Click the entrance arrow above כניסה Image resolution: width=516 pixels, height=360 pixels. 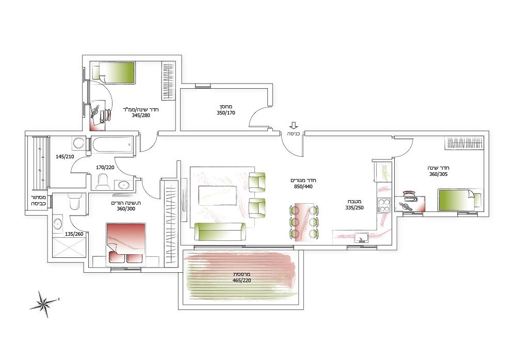coord(294,125)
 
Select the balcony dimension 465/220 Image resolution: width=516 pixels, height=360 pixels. coord(241,281)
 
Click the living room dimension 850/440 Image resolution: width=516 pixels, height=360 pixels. coord(303,187)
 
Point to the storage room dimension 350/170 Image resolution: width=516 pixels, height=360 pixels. coord(226,113)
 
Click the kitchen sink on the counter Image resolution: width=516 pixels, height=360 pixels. coord(361,238)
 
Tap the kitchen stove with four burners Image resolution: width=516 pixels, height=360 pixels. coord(384,205)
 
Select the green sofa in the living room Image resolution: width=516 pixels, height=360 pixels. coord(220,232)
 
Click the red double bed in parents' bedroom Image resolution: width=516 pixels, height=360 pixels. coord(126,244)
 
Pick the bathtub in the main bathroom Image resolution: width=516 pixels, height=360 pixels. coord(112,145)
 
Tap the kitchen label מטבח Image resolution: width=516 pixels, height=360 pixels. coord(355,201)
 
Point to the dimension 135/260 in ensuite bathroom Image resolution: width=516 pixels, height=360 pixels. coord(74,234)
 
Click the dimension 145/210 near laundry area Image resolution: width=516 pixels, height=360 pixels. coord(65,157)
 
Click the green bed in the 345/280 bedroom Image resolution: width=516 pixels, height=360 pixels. coord(114,73)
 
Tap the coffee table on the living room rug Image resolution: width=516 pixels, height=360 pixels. coord(218,195)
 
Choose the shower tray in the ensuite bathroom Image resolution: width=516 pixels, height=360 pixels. coord(69,248)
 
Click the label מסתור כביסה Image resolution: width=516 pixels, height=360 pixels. coord(38,201)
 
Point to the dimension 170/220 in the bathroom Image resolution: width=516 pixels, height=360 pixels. coord(105,168)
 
